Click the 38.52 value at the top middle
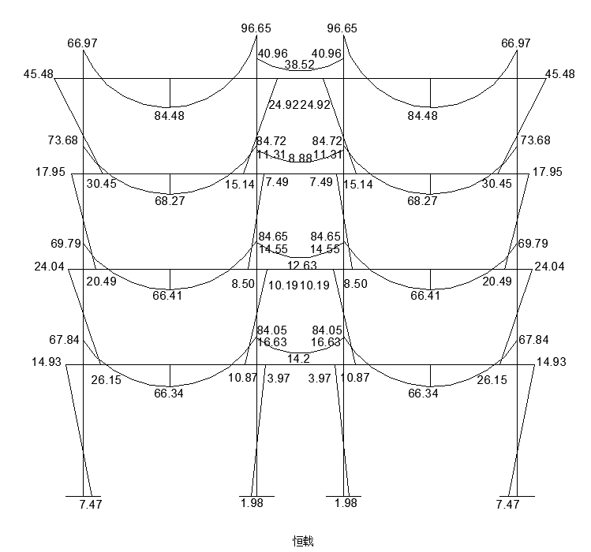(x=300, y=65)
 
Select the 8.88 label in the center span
(x=300, y=159)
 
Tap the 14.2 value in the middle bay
(x=298, y=359)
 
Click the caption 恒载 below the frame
(x=303, y=541)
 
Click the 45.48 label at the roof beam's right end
(x=560, y=74)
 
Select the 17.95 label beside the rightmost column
(x=548, y=172)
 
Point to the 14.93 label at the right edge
(x=552, y=363)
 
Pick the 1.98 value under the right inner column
(x=345, y=503)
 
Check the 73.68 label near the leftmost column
(x=62, y=140)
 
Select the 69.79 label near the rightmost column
(x=533, y=244)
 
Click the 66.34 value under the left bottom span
(x=170, y=393)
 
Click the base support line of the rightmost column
(x=516, y=496)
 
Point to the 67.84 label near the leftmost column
(x=64, y=340)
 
